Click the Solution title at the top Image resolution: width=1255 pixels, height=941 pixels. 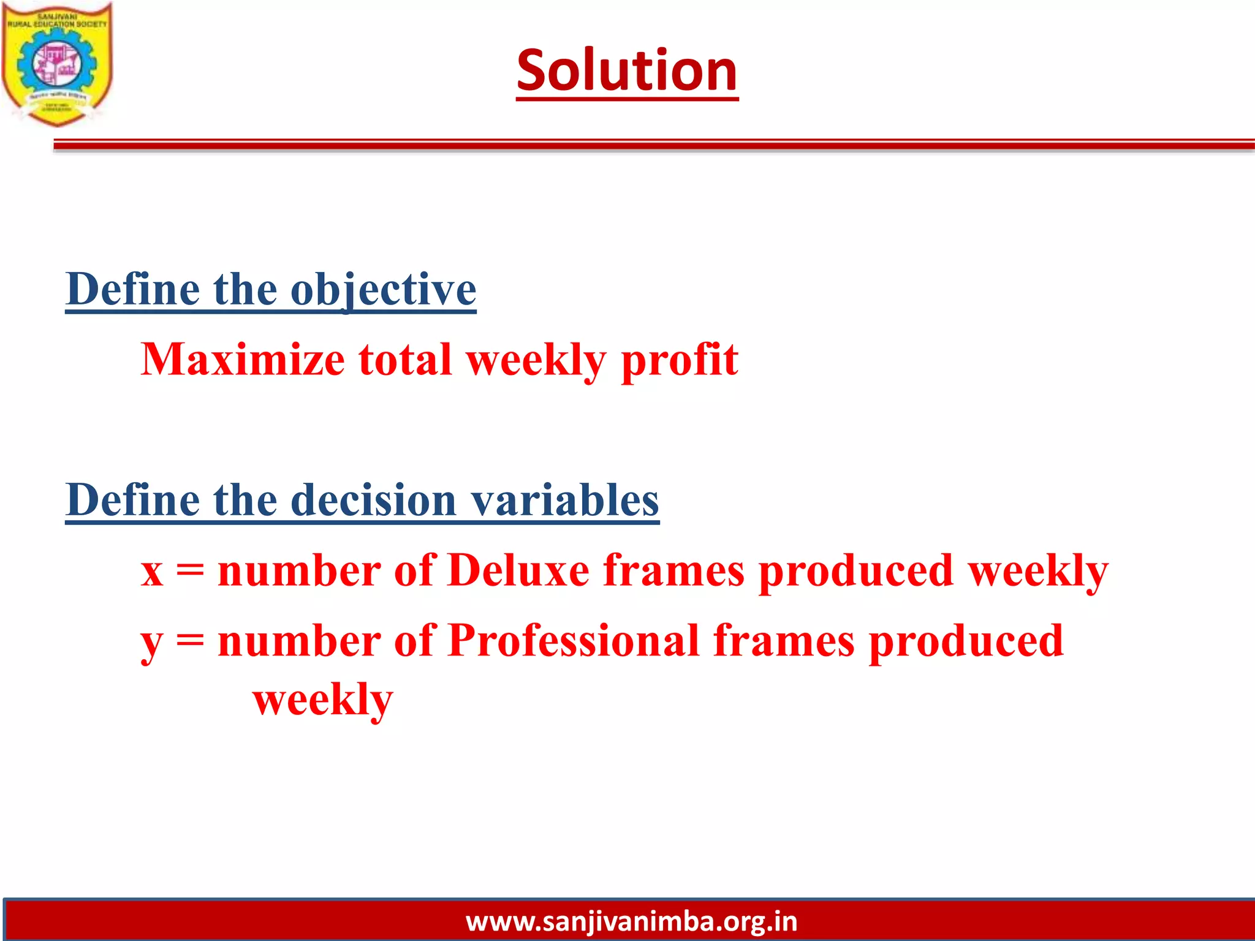tap(627, 71)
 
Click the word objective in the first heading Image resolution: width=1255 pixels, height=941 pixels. tap(383, 290)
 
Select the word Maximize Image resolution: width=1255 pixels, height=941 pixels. tap(243, 360)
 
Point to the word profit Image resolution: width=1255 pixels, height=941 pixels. tap(680, 361)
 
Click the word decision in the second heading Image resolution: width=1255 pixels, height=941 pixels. tap(373, 501)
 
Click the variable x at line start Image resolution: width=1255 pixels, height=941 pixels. tap(152, 572)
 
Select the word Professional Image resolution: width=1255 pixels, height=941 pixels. tap(574, 641)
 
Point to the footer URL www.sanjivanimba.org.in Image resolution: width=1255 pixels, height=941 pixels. tap(631, 921)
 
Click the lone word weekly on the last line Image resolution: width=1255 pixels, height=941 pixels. tap(323, 700)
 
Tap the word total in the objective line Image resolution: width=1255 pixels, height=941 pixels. tap(405, 360)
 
